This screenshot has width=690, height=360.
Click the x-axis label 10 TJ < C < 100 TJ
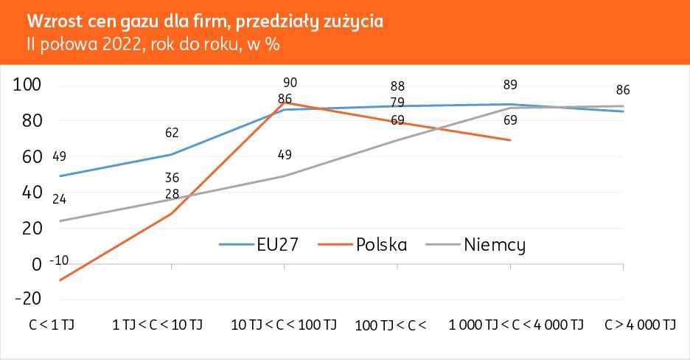coord(284,325)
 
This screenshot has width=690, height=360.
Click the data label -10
coord(59,261)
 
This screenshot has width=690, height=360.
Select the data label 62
coord(172,134)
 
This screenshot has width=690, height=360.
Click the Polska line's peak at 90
coord(285,103)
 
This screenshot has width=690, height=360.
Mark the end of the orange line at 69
coord(511,140)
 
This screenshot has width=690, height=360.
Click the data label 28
coord(172,193)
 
